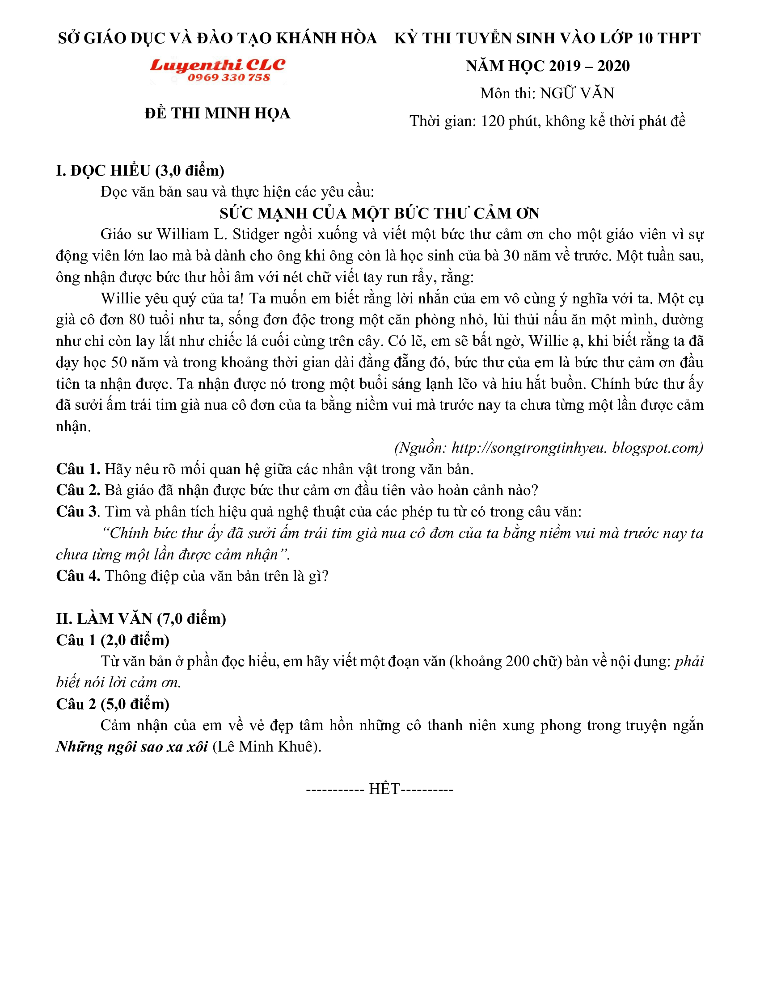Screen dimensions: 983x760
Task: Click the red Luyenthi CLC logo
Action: pos(217,65)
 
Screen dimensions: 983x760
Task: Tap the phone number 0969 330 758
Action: pos(229,78)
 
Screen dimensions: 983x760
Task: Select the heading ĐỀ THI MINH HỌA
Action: pos(217,113)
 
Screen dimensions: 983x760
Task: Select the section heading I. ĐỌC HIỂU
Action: pos(140,171)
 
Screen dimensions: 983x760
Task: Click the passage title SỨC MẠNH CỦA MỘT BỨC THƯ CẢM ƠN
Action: pos(380,213)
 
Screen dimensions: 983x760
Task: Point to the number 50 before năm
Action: pos(119,362)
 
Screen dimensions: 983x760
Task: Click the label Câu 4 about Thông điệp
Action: pos(78,576)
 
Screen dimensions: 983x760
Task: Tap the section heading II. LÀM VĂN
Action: pos(141,619)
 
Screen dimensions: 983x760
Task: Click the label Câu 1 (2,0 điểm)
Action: pos(113,640)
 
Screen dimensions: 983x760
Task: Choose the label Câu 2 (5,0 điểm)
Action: pos(113,704)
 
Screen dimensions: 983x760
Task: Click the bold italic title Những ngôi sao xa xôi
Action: pos(132,747)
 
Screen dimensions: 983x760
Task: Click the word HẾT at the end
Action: pos(384,789)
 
